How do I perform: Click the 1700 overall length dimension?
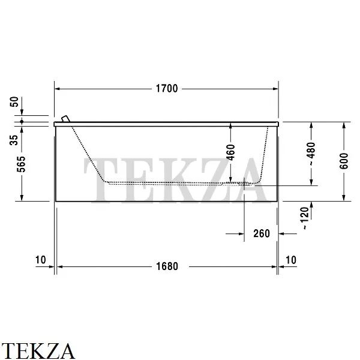tap(167, 89)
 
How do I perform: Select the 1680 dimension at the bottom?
tap(167, 266)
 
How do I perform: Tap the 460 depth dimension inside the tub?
tap(231, 152)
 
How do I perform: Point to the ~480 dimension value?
tap(311, 154)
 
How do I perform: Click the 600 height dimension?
tap(344, 161)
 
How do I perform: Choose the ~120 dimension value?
tap(305, 218)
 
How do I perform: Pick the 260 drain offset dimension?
tap(262, 234)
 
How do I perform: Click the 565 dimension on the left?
tap(22, 164)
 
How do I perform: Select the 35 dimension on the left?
tap(14, 140)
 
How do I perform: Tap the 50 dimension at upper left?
tap(14, 102)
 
